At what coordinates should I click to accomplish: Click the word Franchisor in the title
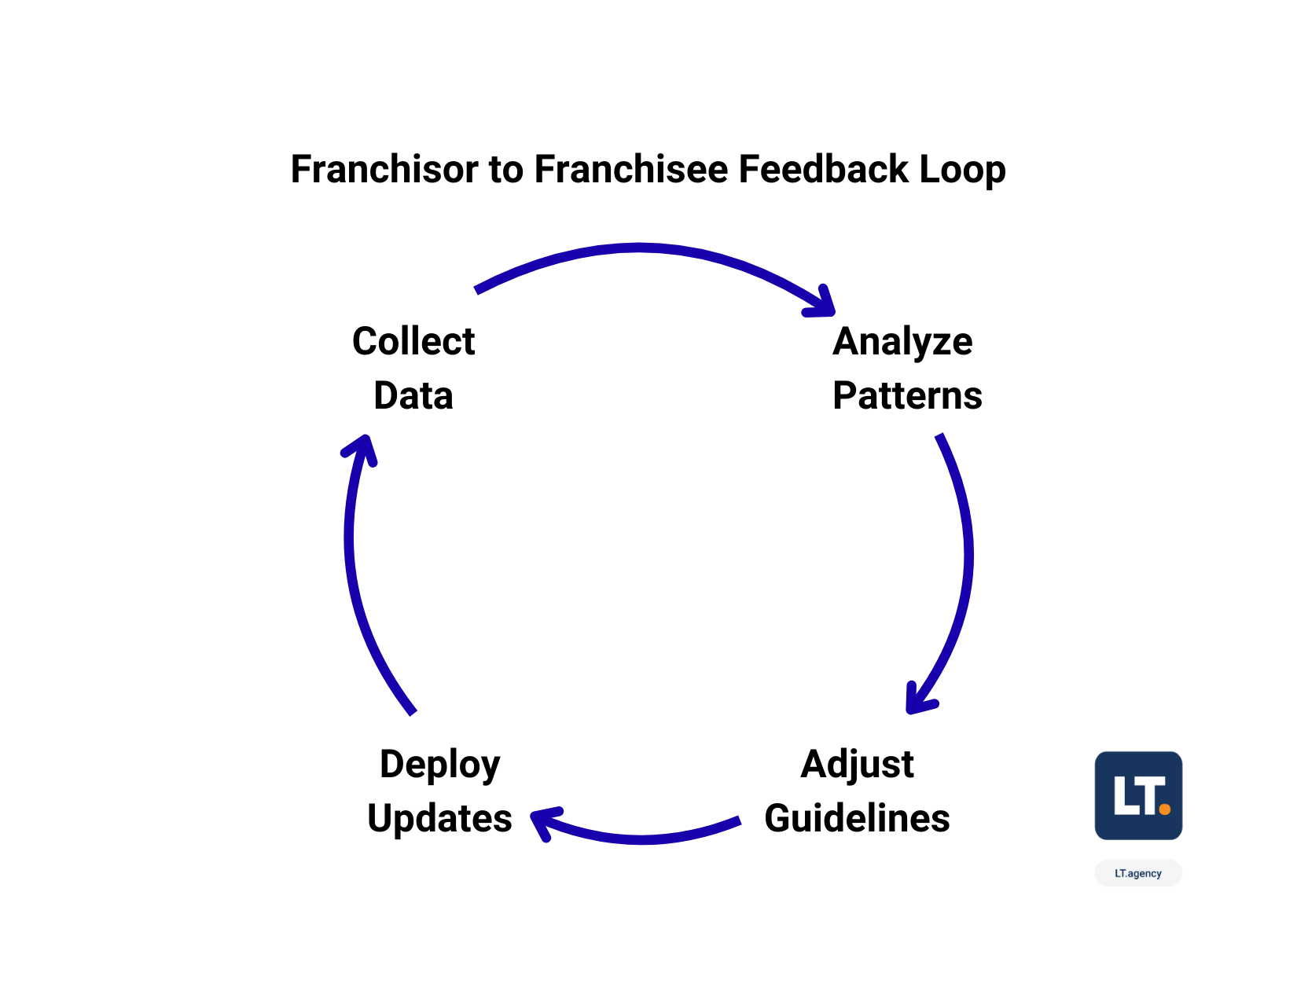[384, 170]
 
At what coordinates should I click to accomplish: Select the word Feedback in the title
[823, 170]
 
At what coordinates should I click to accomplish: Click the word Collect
[413, 342]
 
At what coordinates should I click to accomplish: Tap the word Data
[413, 395]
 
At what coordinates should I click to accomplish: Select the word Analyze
[902, 342]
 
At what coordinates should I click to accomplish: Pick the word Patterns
[907, 395]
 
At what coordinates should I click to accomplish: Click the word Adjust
[857, 764]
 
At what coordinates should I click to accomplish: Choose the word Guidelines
[857, 818]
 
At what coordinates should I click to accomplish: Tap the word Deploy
[439, 764]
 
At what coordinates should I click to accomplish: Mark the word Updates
[439, 818]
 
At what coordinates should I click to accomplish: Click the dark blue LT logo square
[1137, 795]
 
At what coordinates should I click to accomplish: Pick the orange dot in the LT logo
[1164, 809]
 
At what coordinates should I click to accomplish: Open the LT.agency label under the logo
[1137, 873]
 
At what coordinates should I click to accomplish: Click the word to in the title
[506, 170]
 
